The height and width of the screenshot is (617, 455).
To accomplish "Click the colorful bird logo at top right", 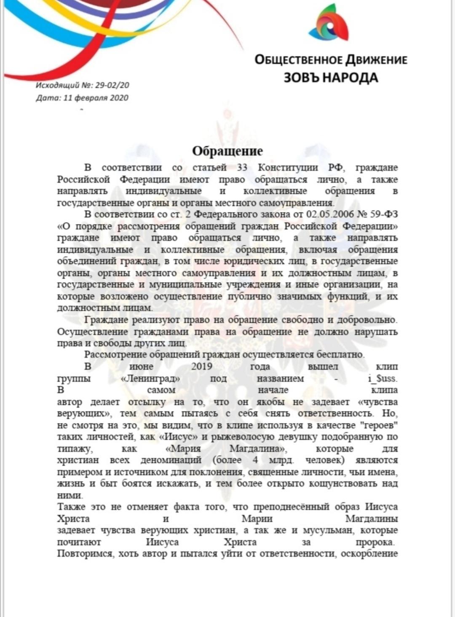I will tap(328, 24).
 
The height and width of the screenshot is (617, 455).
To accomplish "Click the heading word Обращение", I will tap(227, 151).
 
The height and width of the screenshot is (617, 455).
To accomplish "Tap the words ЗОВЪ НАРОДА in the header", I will tap(331, 77).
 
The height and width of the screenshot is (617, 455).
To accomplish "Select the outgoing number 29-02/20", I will tap(112, 85).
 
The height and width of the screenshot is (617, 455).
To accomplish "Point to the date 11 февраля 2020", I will tap(96, 98).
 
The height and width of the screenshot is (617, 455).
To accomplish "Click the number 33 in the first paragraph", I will tap(242, 167).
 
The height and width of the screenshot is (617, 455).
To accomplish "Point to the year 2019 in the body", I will tap(202, 366).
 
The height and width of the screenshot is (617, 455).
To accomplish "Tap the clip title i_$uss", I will tap(383, 378).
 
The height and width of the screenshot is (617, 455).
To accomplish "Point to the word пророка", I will tap(375, 542).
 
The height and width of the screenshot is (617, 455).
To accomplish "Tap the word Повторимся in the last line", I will tap(85, 553).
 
